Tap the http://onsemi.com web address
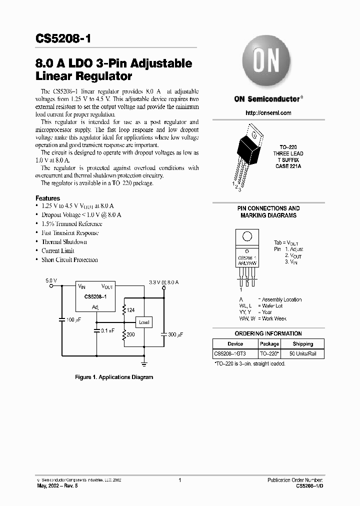click(268, 113)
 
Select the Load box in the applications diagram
click(144, 322)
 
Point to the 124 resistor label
click(131, 310)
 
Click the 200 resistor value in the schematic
click(130, 334)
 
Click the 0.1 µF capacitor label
click(107, 330)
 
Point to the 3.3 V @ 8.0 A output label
click(163, 282)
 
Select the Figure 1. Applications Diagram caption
click(114, 377)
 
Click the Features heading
click(48, 198)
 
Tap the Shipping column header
click(302, 344)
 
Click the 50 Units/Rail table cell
click(302, 354)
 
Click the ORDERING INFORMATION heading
click(268, 333)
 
